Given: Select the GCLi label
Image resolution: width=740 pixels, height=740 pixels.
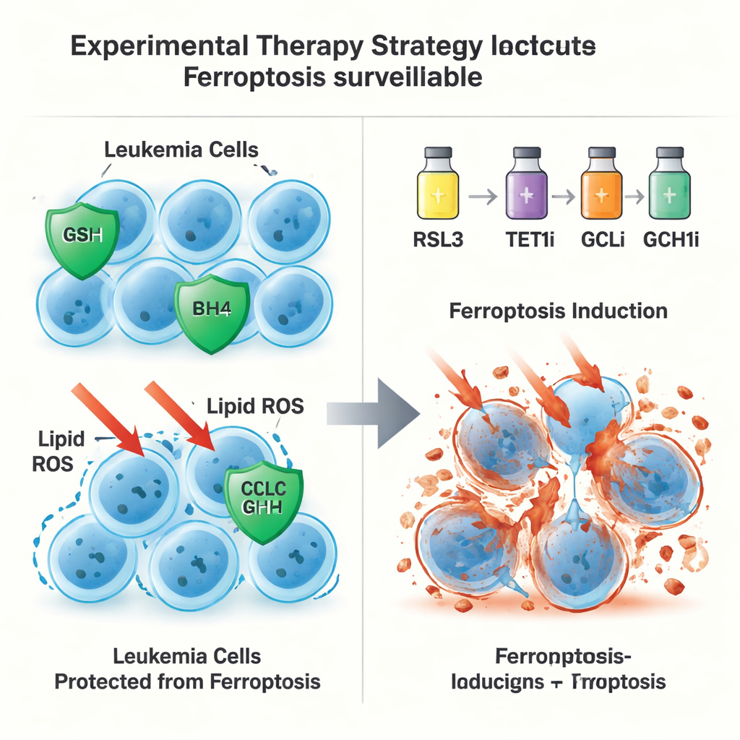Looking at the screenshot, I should click(603, 240).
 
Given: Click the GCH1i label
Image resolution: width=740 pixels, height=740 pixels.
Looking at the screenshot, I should click(671, 240).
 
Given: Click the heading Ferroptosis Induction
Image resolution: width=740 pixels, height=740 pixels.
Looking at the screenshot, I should click(558, 311).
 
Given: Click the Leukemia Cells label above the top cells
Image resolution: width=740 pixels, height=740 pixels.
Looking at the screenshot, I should click(181, 150).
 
